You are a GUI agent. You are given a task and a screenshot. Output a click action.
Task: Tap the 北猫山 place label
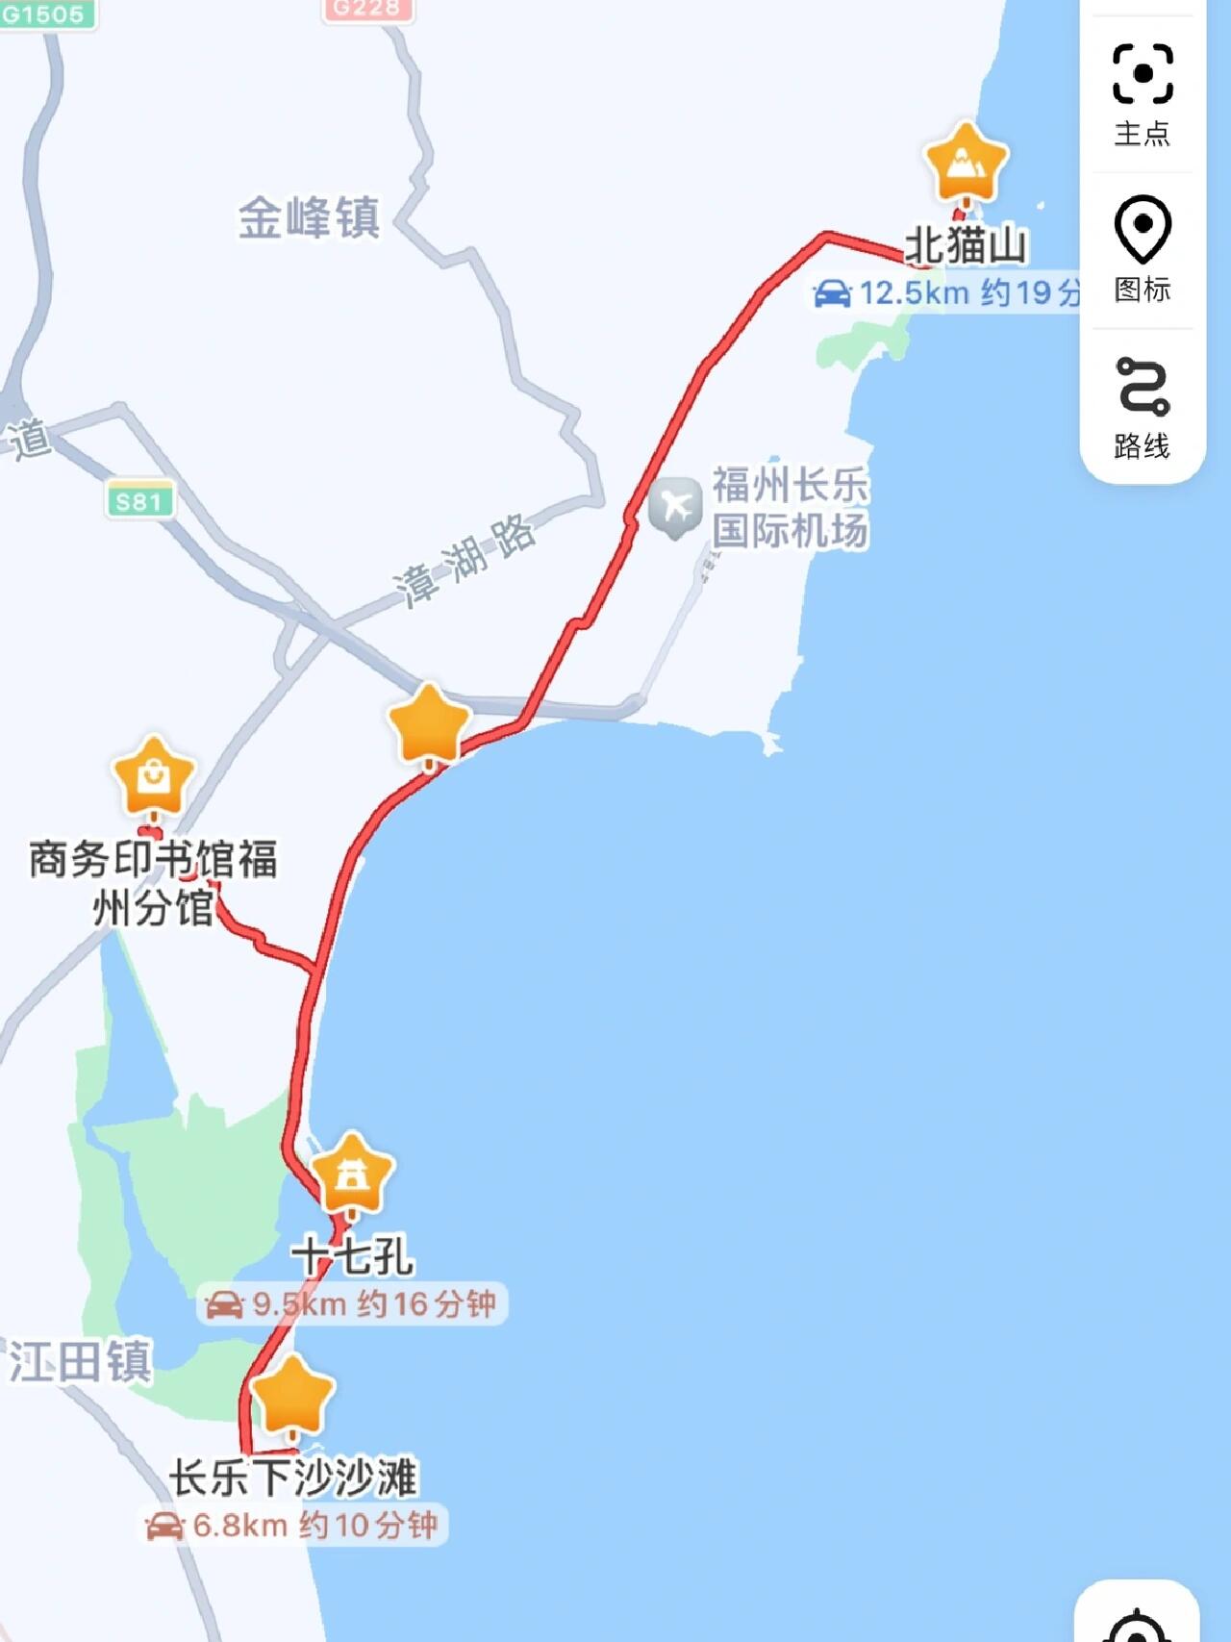coord(966,245)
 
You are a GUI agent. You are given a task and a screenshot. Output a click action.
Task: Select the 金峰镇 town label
coord(309,217)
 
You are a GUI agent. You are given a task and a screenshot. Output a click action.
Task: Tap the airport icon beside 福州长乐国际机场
coord(675,506)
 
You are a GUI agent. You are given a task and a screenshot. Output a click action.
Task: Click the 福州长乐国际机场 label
coord(790,508)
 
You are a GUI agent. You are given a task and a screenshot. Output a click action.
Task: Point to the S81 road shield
coord(139,501)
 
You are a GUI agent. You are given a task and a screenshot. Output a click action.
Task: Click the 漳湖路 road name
coord(465,561)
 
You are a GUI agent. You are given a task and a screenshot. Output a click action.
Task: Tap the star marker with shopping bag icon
coord(154,777)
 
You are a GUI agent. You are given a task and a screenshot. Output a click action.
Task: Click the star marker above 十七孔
coord(352,1175)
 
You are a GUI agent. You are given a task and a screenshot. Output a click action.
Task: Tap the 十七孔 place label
coord(353,1256)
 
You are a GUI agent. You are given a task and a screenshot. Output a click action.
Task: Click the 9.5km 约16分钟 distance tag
coord(352,1304)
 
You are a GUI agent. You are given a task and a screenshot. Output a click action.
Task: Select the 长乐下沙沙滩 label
coord(293,1478)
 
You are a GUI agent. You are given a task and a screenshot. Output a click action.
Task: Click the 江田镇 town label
coord(80,1362)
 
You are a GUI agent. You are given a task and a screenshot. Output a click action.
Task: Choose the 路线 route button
coord(1143,407)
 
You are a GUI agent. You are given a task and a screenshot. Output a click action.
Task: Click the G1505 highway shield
coord(44,13)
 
